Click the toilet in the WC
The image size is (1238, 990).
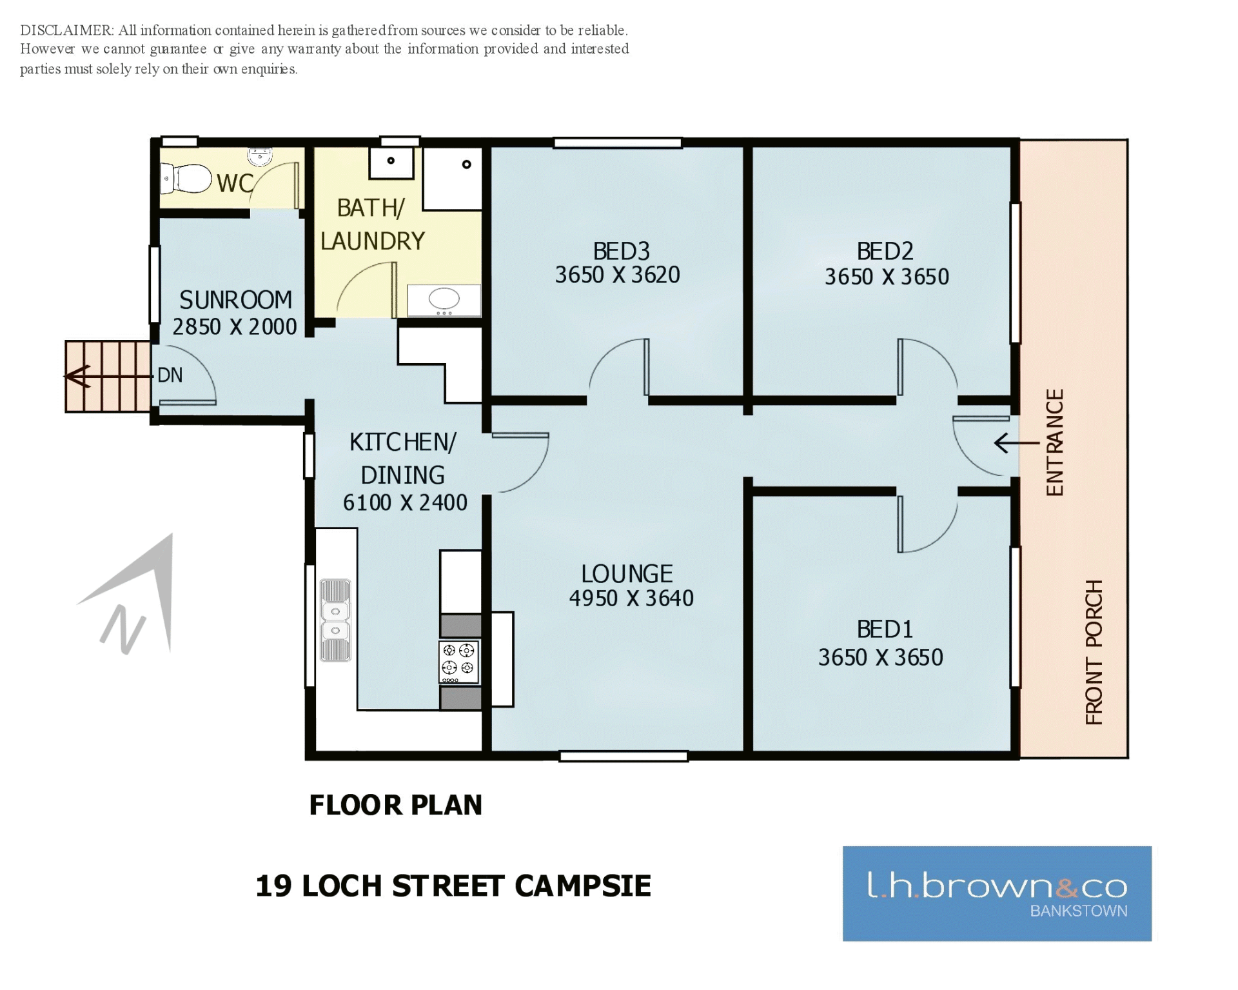(186, 179)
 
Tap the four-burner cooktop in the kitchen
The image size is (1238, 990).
(459, 662)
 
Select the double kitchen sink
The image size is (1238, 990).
(335, 620)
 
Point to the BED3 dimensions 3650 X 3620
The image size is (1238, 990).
(618, 275)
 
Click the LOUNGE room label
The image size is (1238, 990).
(627, 574)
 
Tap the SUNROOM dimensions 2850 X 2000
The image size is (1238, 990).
(235, 327)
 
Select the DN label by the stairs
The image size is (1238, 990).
(170, 375)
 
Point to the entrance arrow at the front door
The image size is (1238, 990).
(1017, 443)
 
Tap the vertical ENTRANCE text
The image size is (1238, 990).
(1055, 442)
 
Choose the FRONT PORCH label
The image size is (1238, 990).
(1094, 652)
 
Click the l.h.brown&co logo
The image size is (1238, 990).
(997, 893)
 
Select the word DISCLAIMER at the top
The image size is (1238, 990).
(67, 30)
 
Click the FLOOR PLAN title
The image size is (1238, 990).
(396, 805)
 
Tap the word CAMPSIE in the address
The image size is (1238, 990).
(583, 886)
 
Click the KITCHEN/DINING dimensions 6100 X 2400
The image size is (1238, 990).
(405, 502)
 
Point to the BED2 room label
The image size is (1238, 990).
(885, 251)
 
